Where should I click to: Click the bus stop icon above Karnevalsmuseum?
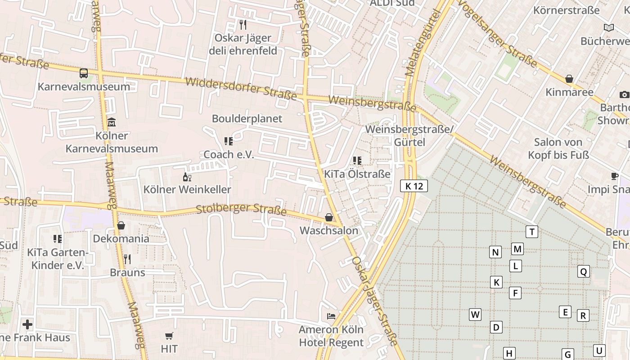84,73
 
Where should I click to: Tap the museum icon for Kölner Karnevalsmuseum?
112,122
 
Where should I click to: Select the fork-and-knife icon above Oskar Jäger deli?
243,24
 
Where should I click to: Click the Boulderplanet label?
247,119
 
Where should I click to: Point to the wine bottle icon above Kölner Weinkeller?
187,177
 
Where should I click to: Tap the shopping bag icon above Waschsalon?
329,218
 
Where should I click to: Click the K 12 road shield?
414,186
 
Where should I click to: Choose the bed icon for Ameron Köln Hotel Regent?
331,316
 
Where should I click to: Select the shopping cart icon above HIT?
169,336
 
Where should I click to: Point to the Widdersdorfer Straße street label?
241,89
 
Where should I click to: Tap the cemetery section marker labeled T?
532,232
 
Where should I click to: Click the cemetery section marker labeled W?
475,314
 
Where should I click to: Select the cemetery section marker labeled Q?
583,271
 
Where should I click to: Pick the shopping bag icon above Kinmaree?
569,79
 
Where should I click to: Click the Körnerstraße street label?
567,10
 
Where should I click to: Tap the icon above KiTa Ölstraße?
357,161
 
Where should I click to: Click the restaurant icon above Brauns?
127,259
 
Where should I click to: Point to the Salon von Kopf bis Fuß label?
561,148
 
